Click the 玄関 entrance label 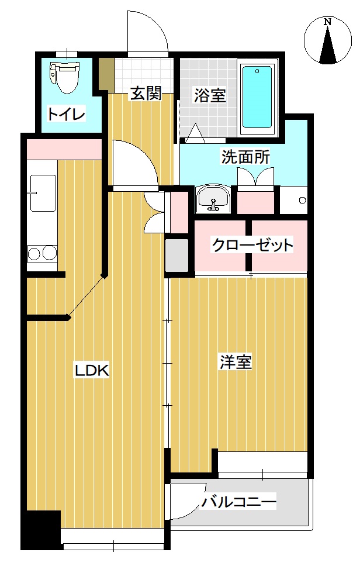click(146, 93)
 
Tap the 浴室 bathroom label click(210, 95)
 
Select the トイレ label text click(65, 113)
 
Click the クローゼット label click(252, 244)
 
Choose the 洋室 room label click(236, 363)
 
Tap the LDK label click(92, 370)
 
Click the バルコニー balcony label click(238, 502)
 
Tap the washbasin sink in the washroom click(213, 199)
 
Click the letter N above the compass click(328, 22)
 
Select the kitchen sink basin click(42, 193)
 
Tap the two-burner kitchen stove click(42, 253)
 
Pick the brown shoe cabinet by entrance click(106, 74)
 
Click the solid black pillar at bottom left click(41, 529)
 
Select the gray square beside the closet click(177, 256)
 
